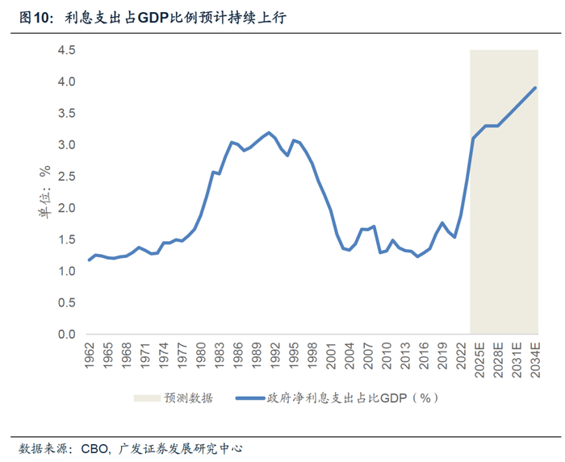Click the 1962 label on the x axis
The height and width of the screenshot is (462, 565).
tap(89, 355)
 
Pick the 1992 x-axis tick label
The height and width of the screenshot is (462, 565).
tap(275, 355)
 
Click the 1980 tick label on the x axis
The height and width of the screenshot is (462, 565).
tap(201, 355)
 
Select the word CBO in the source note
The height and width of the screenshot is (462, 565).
tap(96, 447)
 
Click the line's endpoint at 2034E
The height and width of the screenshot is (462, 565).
tap(536, 88)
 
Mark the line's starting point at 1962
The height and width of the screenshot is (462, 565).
tap(89, 260)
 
